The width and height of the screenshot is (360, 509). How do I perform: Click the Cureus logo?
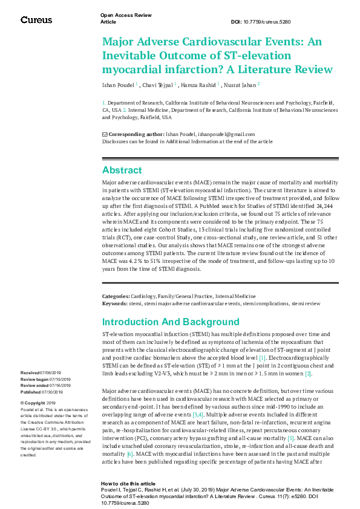click(x=36, y=20)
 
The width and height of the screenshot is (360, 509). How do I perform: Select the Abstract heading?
click(x=122, y=170)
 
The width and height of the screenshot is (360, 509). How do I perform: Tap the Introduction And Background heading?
click(x=171, y=322)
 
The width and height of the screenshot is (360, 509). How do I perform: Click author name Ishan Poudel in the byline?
click(x=117, y=85)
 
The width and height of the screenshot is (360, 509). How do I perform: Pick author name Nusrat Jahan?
click(x=240, y=85)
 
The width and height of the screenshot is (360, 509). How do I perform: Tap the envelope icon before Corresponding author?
click(x=105, y=134)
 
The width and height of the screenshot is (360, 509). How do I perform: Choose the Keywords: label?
click(x=114, y=302)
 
